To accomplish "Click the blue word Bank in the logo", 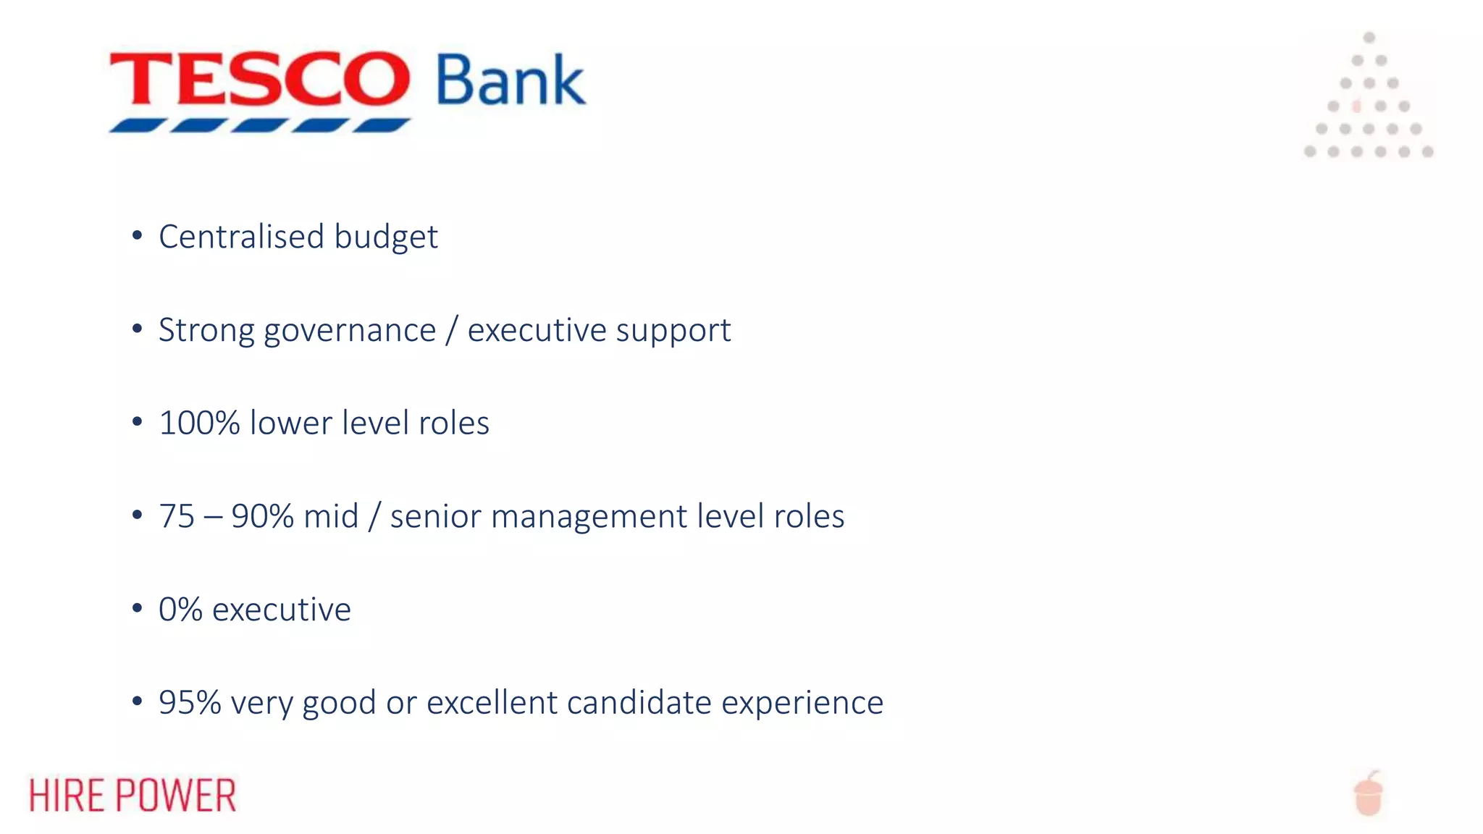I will pos(510,81).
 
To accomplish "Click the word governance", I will pos(350,331).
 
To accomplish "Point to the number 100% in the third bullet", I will pos(199,423).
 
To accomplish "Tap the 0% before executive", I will pos(180,609).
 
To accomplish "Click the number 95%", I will pos(190,702).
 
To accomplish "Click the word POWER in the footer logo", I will pos(176,795).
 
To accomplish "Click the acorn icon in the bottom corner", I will pos(1369,794).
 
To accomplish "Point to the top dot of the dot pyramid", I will pos(1369,38).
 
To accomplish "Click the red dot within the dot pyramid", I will pos(1357,106).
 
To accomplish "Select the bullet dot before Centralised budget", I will pos(137,235).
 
